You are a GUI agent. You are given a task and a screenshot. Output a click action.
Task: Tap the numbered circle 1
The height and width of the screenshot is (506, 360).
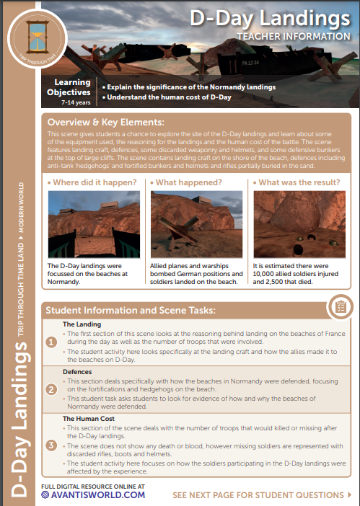pyautogui.click(x=51, y=342)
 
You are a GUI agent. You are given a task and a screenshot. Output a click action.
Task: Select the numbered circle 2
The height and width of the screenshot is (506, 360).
pyautogui.click(x=51, y=389)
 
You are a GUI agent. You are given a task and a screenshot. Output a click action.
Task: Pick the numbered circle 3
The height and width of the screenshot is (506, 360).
pyautogui.click(x=51, y=445)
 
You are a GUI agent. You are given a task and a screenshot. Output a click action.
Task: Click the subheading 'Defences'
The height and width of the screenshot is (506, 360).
pyautogui.click(x=77, y=371)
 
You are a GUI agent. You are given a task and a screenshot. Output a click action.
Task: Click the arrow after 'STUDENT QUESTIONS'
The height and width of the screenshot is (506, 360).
pyautogui.click(x=349, y=495)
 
